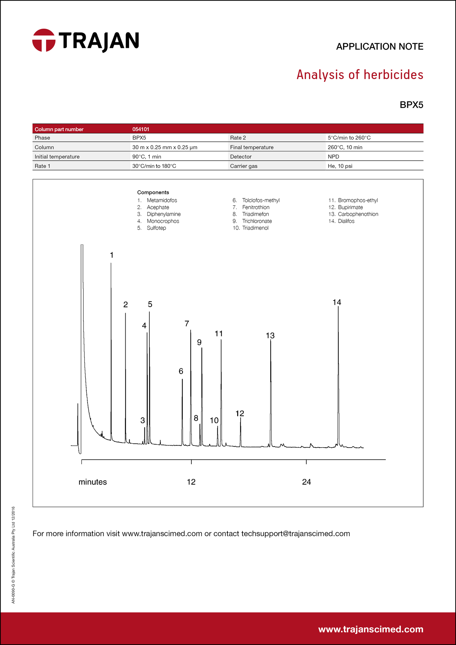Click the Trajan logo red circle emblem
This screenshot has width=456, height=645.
[44, 40]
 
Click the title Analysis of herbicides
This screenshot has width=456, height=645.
[360, 75]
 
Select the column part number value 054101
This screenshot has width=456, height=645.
[141, 129]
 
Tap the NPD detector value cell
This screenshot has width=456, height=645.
[333, 157]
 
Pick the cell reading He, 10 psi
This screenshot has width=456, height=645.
[340, 166]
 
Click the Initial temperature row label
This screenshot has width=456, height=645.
[57, 157]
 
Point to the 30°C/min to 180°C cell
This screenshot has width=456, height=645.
[154, 166]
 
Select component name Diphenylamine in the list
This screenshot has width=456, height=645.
[163, 214]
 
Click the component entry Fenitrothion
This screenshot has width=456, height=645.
[256, 207]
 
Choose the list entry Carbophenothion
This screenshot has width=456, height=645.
[358, 214]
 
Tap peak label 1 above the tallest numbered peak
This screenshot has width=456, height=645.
[111, 255]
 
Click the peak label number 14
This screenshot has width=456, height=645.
[337, 302]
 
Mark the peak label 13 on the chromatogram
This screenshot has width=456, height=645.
[270, 336]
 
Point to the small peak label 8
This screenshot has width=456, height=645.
[196, 418]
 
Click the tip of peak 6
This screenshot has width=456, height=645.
[182, 380]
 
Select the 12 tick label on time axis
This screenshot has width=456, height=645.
[191, 482]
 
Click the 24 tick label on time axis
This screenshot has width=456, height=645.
[306, 482]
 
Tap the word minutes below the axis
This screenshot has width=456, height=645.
[93, 482]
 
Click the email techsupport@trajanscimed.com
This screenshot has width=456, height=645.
[295, 534]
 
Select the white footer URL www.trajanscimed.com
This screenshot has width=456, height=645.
[371, 629]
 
